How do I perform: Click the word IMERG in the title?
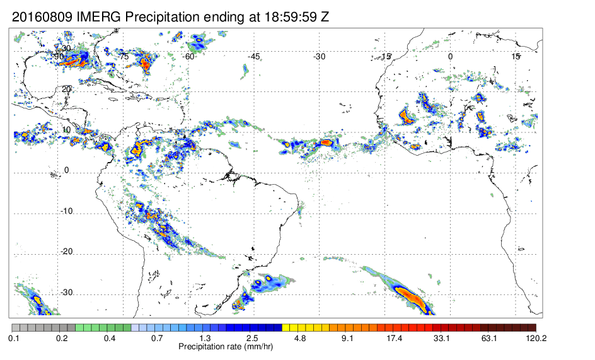pyautogui.click(x=99, y=17)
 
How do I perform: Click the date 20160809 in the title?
pyautogui.click(x=42, y=17)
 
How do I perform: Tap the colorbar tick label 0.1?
pyautogui.click(x=14, y=339)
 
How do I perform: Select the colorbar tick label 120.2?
pyautogui.click(x=536, y=339)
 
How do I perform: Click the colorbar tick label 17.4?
pyautogui.click(x=395, y=339)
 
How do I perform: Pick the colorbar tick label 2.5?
pyautogui.click(x=252, y=339)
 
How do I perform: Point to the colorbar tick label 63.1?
pyautogui.click(x=489, y=339)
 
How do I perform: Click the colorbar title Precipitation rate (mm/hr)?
pyautogui.click(x=226, y=347)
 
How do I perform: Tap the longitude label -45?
pyautogui.click(x=253, y=57)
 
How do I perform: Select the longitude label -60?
pyautogui.click(x=188, y=57)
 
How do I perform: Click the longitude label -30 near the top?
pyautogui.click(x=319, y=57)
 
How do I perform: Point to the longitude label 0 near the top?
pyautogui.click(x=450, y=57)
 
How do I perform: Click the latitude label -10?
pyautogui.click(x=66, y=211)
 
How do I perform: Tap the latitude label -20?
pyautogui.click(x=66, y=252)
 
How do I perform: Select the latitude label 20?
pyautogui.click(x=66, y=89)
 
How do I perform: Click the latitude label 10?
pyautogui.click(x=66, y=129)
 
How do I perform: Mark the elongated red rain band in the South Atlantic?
pyautogui.click(x=409, y=296)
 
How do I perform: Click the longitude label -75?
pyautogui.click(x=123, y=57)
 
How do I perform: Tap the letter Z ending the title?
pyautogui.click(x=324, y=17)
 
